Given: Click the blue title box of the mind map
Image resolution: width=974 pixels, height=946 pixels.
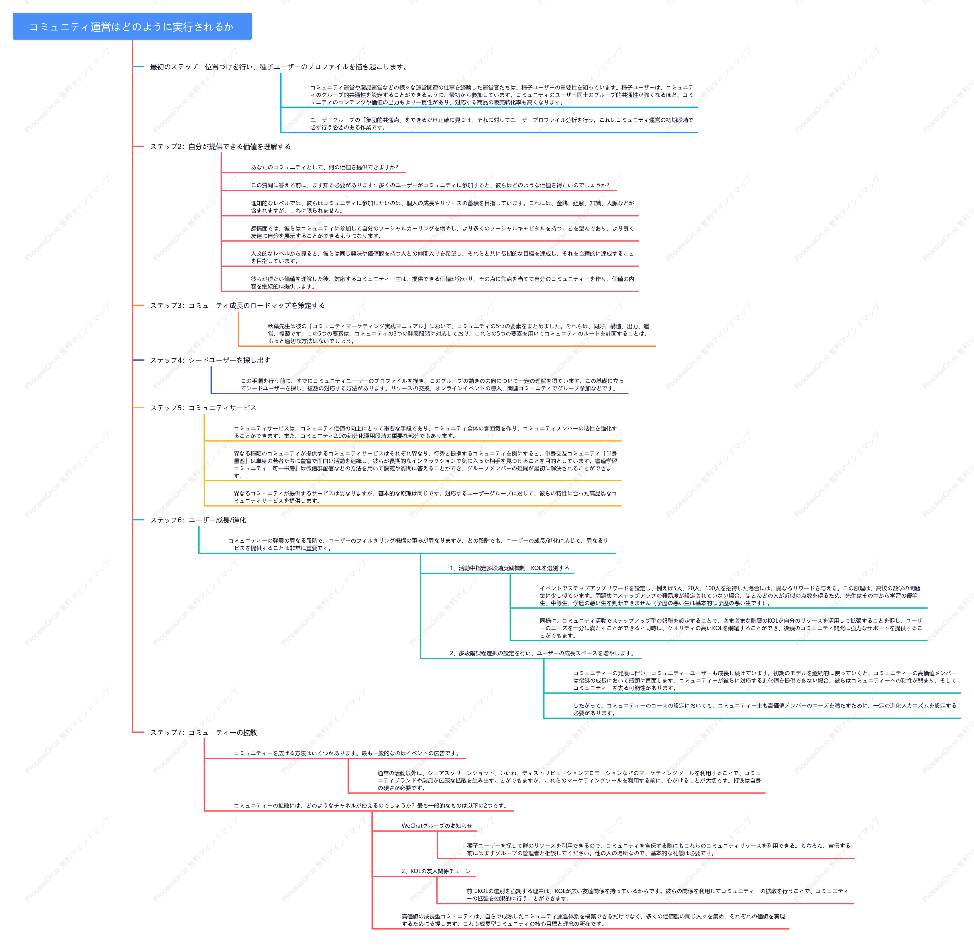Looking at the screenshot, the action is [x=132, y=26].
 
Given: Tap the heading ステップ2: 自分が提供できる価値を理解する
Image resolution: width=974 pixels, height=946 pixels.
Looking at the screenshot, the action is [x=221, y=147].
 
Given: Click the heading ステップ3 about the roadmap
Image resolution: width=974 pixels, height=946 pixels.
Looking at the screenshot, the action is [x=238, y=306].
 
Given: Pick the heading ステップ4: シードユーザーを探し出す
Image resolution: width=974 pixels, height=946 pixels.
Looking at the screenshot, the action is [x=210, y=360].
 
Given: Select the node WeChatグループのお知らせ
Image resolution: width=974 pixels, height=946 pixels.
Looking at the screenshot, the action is [x=437, y=826].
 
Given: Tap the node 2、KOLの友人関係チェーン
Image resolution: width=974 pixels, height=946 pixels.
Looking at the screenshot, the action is [x=436, y=871].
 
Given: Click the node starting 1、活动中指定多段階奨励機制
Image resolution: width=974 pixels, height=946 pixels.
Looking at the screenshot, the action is [x=509, y=568].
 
